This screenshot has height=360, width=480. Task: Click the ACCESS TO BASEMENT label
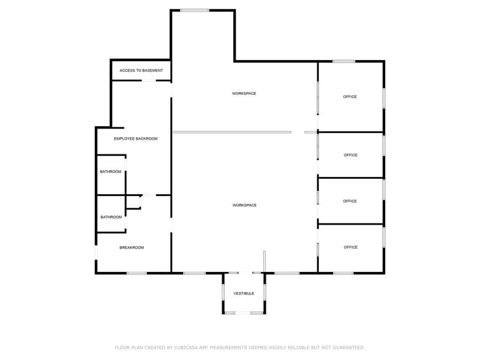point(141,70)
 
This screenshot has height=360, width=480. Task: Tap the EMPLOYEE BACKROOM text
point(135,139)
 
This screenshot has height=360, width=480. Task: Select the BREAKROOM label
point(132,247)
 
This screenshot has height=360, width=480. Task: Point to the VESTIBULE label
point(244,294)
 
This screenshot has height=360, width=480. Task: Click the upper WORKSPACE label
point(244,94)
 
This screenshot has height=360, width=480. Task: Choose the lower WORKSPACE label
point(244,205)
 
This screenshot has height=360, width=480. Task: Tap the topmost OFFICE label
point(350,97)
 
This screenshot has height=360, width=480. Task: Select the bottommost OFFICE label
point(350,247)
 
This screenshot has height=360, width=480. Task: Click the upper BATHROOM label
point(111,171)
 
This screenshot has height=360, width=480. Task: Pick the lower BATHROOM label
point(111,217)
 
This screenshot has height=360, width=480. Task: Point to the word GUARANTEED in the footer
point(346,347)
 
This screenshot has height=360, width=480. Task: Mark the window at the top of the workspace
point(194,10)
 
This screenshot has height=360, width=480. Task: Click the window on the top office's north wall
point(343,61)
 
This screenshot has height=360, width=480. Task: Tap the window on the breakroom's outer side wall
point(96,252)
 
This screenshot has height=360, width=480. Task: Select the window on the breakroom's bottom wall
point(137,273)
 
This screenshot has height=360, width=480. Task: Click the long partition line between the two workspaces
point(231,132)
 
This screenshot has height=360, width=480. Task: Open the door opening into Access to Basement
point(149,80)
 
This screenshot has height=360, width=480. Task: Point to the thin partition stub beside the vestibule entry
point(264,261)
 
